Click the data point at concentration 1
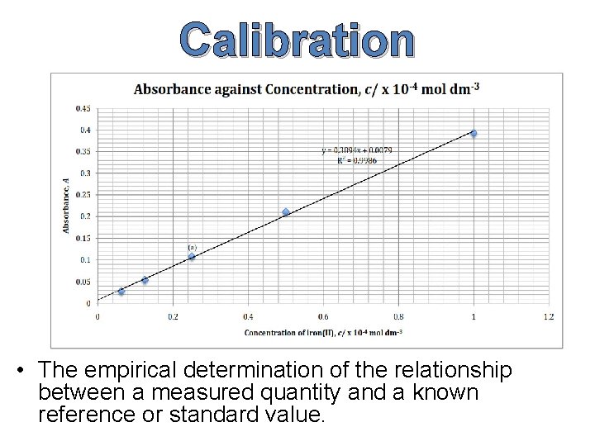pyautogui.click(x=474, y=133)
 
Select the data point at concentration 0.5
pyautogui.click(x=286, y=212)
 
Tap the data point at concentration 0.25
pyautogui.click(x=192, y=257)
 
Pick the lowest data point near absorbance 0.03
pyautogui.click(x=121, y=292)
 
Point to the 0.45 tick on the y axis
pyautogui.click(x=84, y=108)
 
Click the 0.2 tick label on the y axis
pyautogui.click(x=86, y=216)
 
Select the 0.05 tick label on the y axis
pyautogui.click(x=84, y=282)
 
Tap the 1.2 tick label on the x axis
pyautogui.click(x=548, y=316)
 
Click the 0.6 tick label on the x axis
pyautogui.click(x=322, y=316)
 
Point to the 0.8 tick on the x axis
pyautogui.click(x=397, y=316)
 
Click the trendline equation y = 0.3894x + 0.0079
pyautogui.click(x=357, y=150)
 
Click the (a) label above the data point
pyautogui.click(x=192, y=247)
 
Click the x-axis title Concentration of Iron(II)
pyautogui.click(x=324, y=332)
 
